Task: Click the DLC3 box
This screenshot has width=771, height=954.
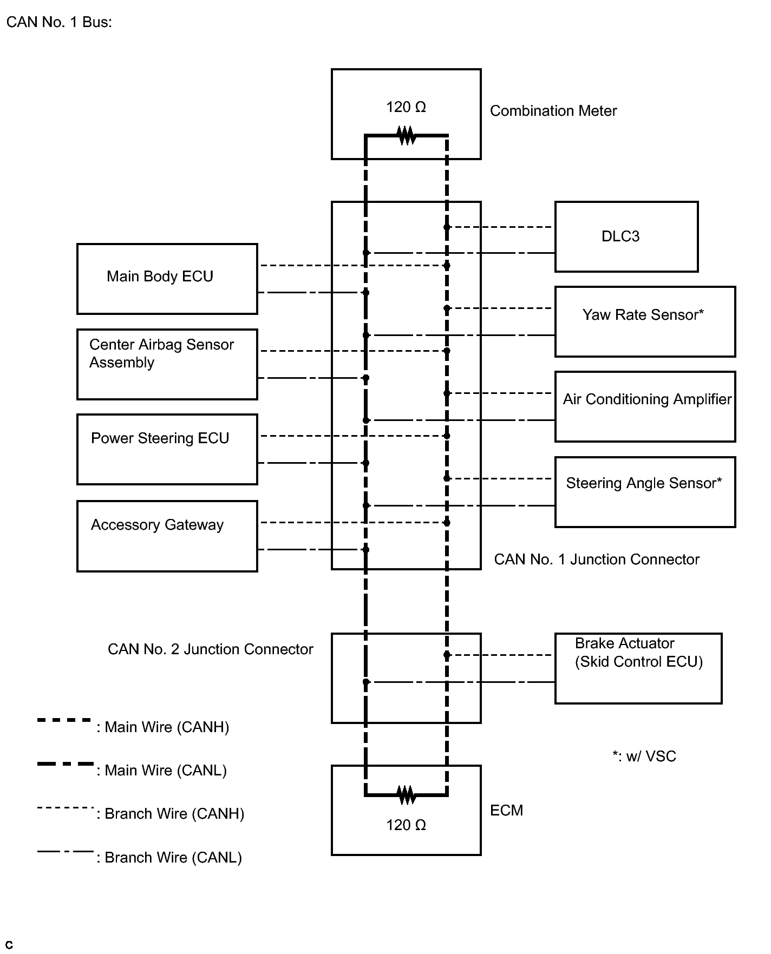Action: (x=626, y=236)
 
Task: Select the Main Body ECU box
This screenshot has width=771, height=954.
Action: (x=167, y=279)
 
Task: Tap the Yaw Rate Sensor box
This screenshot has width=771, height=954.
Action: (x=645, y=321)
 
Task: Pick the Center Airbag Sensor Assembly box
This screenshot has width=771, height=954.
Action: (x=167, y=364)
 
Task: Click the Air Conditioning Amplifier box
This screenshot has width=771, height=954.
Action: (x=645, y=406)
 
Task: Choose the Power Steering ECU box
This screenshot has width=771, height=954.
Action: (x=167, y=449)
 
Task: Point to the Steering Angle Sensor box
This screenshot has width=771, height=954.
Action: (x=645, y=492)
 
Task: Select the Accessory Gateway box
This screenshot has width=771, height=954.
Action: (x=167, y=536)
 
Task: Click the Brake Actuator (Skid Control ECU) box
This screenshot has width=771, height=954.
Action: (x=638, y=668)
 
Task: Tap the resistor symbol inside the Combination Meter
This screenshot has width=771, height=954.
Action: (x=406, y=135)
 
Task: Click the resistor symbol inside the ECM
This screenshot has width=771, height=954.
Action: (x=406, y=795)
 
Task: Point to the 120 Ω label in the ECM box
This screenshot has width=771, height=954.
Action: (x=406, y=825)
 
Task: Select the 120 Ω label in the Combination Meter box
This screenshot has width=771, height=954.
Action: (x=406, y=107)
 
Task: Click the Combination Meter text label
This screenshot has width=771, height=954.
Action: (x=553, y=111)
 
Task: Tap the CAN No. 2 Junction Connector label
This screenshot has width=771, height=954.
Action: (x=211, y=649)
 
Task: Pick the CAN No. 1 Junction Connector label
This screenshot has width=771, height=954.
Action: (x=597, y=560)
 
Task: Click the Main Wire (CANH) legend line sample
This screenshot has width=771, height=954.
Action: (x=64, y=720)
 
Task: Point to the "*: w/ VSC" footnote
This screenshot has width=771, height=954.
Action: (x=644, y=756)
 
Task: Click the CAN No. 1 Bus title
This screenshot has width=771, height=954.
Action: (x=59, y=22)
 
